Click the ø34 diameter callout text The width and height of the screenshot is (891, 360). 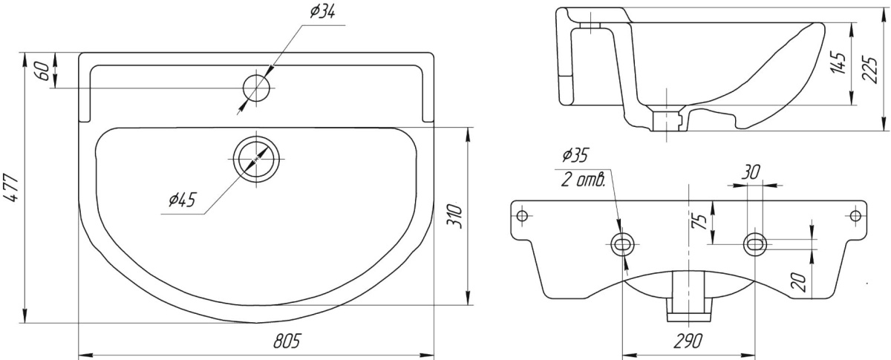coord(322,12)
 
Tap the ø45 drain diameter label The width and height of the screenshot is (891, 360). coord(183,200)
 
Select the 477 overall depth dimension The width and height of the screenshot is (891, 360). coord(12,187)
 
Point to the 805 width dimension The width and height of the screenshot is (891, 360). coord(287,341)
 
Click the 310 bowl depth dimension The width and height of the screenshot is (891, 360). coord(454,216)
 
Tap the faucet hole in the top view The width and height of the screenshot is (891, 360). coord(257,87)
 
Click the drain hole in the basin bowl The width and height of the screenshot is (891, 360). coord(257,158)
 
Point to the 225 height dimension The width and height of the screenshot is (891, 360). coord(870,70)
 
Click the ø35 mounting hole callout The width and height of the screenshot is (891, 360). coord(575,155)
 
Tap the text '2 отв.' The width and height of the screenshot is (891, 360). coord(584,180)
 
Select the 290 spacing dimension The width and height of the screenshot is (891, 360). coord(688,341)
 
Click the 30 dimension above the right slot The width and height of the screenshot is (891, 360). coord(750,172)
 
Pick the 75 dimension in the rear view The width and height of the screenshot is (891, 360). coord(699,221)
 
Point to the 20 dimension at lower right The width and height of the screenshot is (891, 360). coord(799,281)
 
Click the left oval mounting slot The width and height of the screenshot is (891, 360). coord(622,244)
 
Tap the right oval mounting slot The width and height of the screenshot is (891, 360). coord(755,244)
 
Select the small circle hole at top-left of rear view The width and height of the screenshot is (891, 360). coord(522,216)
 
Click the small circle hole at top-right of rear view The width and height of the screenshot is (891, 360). coord(855,216)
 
